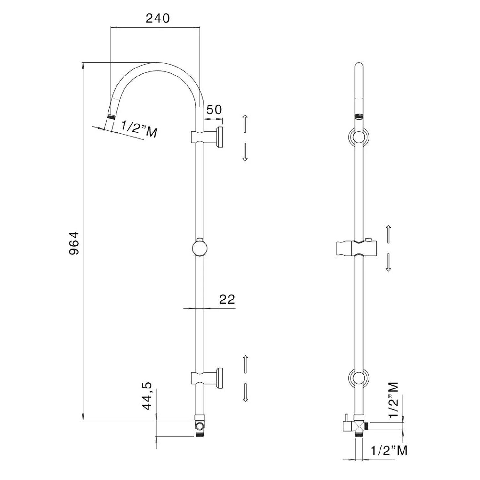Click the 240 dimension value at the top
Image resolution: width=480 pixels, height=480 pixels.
pyautogui.click(x=157, y=18)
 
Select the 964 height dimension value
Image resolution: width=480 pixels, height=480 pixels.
pyautogui.click(x=74, y=243)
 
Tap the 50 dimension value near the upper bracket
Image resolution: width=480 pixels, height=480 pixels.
pyautogui.click(x=214, y=109)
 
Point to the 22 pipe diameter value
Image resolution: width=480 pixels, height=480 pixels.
pyautogui.click(x=227, y=299)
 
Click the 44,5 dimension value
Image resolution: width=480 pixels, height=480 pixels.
pyautogui.click(x=148, y=396)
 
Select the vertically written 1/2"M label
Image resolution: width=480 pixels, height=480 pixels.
pyautogui.click(x=394, y=400)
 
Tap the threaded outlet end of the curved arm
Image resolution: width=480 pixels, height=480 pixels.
pyautogui.click(x=111, y=116)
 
